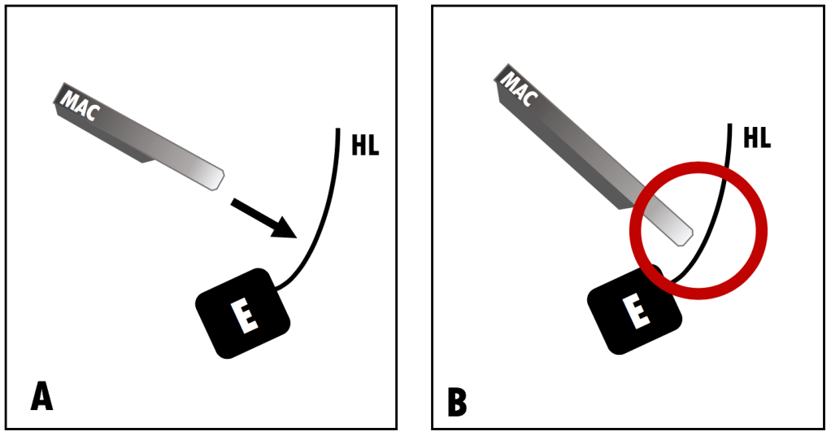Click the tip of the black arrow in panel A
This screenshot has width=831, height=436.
click(x=296, y=238)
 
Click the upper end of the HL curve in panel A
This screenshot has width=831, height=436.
click(x=337, y=129)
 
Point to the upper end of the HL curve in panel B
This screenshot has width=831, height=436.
click(x=730, y=124)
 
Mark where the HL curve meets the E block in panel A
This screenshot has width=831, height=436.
click(x=276, y=289)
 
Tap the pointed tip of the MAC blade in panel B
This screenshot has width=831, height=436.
click(x=693, y=231)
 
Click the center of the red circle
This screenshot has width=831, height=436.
click(x=698, y=230)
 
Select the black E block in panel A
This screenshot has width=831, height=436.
click(x=243, y=313)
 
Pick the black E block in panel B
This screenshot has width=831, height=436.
click(x=634, y=309)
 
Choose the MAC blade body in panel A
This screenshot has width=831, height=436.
click(x=139, y=137)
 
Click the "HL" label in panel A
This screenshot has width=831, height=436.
click(x=366, y=144)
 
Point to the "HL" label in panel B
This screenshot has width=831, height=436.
click(x=757, y=137)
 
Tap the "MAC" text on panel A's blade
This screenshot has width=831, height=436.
click(x=80, y=105)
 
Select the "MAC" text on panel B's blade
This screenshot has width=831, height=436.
click(x=519, y=89)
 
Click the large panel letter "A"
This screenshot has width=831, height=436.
click(x=41, y=395)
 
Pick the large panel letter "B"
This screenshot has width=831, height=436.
click(x=457, y=403)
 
